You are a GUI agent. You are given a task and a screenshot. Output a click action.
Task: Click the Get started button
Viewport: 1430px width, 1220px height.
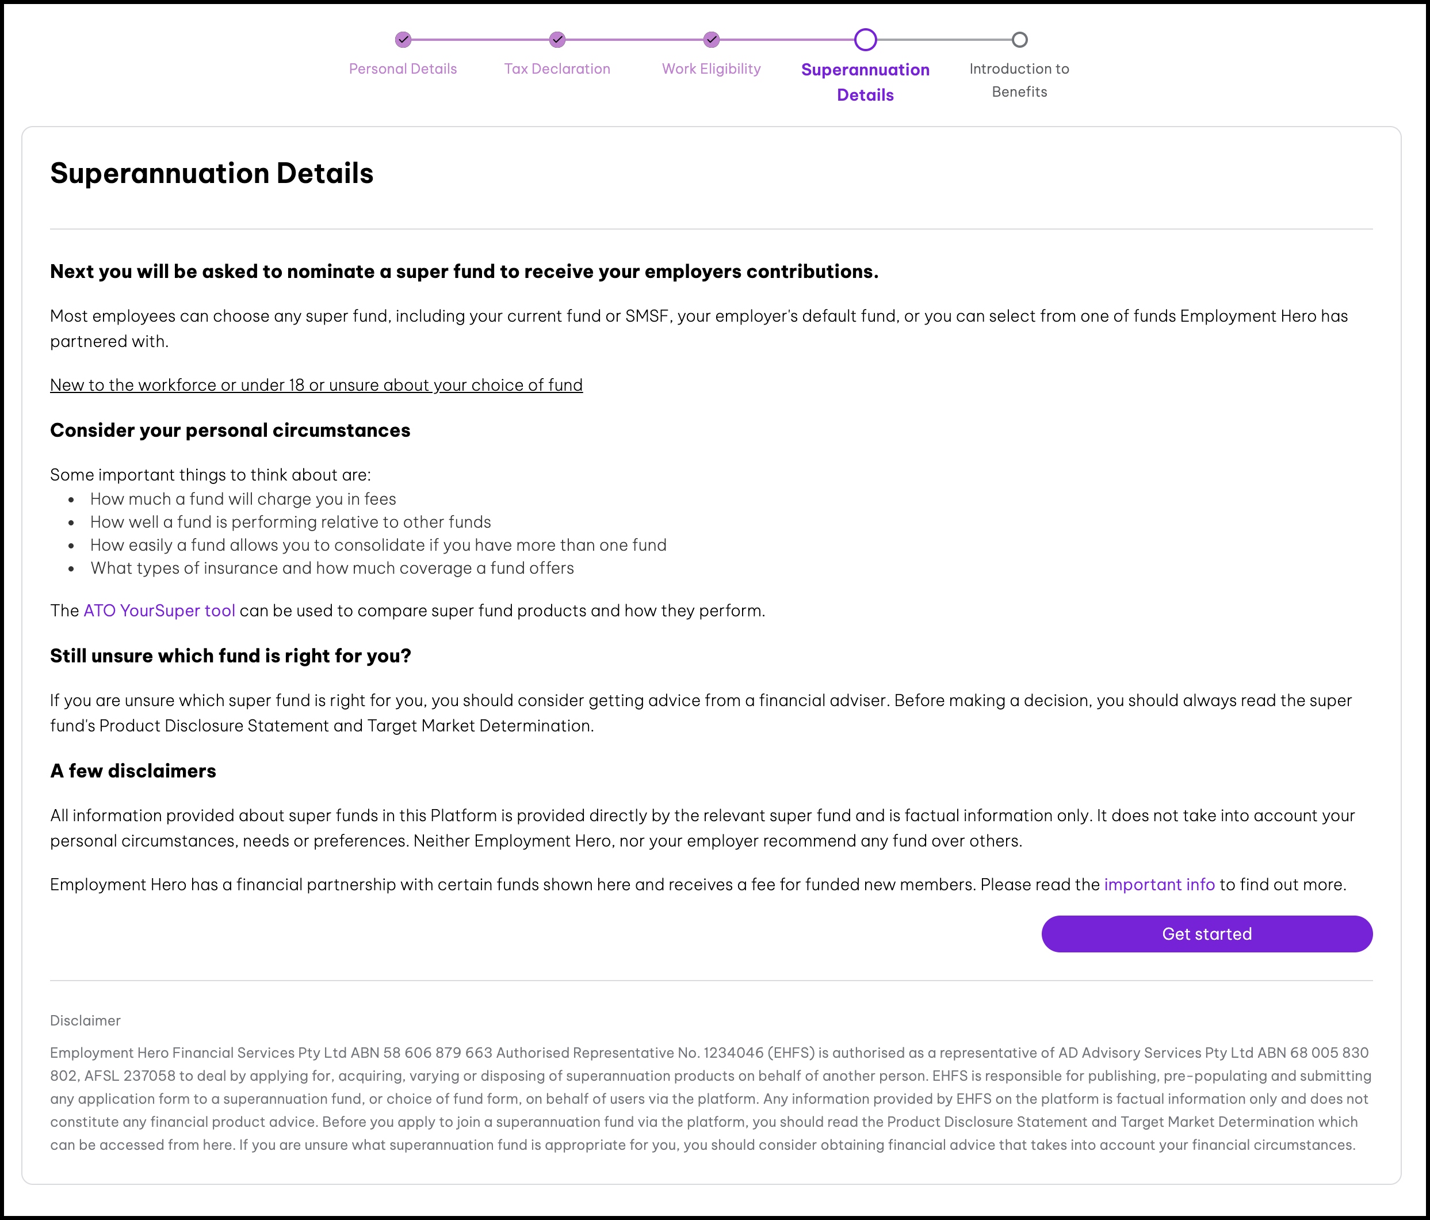pos(1206,933)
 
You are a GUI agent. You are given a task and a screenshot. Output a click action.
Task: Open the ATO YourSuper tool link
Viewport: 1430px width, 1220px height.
pos(159,611)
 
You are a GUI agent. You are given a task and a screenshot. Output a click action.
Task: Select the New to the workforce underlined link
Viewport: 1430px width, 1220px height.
pos(316,384)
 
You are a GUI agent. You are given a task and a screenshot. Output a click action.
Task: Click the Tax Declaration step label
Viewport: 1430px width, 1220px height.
pos(557,68)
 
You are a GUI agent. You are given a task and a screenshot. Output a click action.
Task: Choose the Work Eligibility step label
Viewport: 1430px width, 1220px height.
pos(711,68)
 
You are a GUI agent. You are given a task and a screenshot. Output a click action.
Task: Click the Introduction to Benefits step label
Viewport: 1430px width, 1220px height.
pos(1019,80)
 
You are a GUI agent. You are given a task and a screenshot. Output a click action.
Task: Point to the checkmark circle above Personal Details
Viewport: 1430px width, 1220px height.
pos(403,39)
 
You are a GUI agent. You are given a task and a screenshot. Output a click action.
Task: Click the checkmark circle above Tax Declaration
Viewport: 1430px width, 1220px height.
pos(557,39)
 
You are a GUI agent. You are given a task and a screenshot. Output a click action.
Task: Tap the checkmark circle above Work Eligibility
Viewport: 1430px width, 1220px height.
pos(712,39)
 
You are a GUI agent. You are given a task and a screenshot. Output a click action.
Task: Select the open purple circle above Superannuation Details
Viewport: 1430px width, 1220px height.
pos(866,39)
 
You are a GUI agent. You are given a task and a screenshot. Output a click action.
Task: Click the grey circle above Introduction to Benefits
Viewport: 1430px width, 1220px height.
pos(1019,39)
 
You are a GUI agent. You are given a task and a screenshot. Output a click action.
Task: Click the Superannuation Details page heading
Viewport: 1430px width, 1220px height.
pos(211,173)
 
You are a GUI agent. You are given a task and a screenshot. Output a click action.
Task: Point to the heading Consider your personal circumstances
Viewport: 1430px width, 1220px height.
pos(230,430)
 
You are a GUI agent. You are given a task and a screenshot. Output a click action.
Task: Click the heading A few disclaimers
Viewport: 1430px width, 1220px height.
pos(132,771)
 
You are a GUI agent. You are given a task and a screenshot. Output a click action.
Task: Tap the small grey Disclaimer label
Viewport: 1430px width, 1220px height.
pos(85,1020)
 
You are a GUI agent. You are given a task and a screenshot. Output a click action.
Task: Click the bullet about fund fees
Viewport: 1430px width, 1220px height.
pos(243,498)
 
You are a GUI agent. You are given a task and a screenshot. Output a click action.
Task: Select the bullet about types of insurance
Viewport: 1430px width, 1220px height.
pos(332,567)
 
